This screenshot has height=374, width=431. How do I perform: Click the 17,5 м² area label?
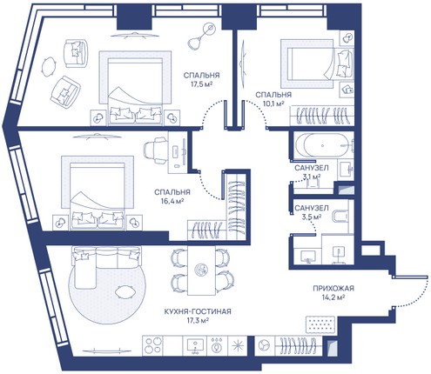(201, 84)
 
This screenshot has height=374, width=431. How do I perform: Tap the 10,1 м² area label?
(273, 104)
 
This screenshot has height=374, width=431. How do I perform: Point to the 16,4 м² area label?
(172, 201)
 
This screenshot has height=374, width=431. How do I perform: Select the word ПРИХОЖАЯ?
(333, 288)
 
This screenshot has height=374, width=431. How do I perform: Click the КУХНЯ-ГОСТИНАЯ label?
(198, 311)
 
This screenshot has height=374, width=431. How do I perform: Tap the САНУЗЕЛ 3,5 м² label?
(312, 212)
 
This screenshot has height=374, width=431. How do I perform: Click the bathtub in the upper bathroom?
(323, 145)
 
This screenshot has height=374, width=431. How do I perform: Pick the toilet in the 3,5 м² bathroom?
(340, 216)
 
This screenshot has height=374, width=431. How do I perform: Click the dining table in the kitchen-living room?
(201, 270)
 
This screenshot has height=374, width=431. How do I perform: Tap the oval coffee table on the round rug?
(125, 291)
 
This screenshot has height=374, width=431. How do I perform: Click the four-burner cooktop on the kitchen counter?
(153, 345)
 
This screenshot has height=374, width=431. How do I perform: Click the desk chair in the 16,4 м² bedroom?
(156, 150)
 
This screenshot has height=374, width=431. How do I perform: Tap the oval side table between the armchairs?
(49, 67)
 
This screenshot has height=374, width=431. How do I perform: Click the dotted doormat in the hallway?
(320, 324)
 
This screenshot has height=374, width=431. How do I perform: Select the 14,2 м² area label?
(333, 297)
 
